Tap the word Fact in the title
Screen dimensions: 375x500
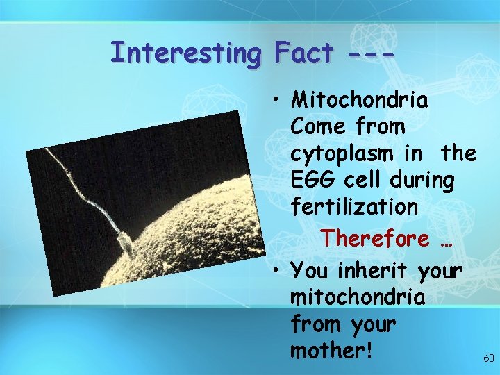click(304, 53)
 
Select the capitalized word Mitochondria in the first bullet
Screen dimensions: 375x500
click(360, 101)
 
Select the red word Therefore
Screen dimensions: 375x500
click(375, 238)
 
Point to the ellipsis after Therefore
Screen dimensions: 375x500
click(447, 240)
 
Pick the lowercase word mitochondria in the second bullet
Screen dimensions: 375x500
click(358, 297)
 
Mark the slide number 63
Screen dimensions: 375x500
click(488, 358)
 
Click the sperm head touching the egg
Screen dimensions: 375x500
click(124, 242)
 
